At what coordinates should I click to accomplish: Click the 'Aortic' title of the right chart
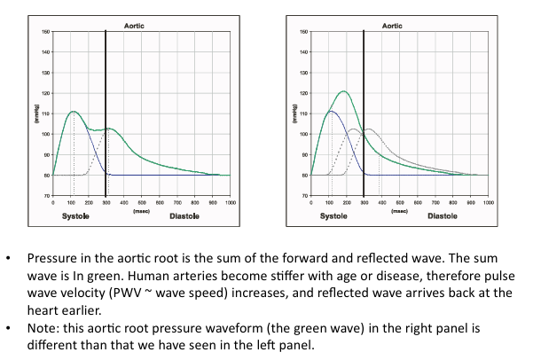click(392, 27)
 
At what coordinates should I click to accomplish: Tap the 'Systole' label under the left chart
click(74, 215)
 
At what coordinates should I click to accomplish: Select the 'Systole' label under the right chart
click(333, 215)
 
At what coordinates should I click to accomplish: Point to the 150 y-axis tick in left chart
click(45, 32)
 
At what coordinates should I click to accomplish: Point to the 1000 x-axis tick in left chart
click(230, 203)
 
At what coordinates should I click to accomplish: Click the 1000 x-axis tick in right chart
click(488, 203)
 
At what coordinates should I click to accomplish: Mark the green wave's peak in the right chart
click(343, 90)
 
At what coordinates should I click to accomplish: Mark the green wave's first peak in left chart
click(74, 112)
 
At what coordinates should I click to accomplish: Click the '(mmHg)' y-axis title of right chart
click(294, 113)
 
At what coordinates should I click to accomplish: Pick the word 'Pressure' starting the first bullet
click(54, 258)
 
